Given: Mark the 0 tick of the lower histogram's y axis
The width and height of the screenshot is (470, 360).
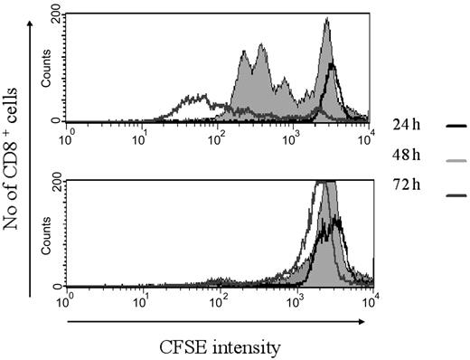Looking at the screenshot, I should click(x=59, y=285).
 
